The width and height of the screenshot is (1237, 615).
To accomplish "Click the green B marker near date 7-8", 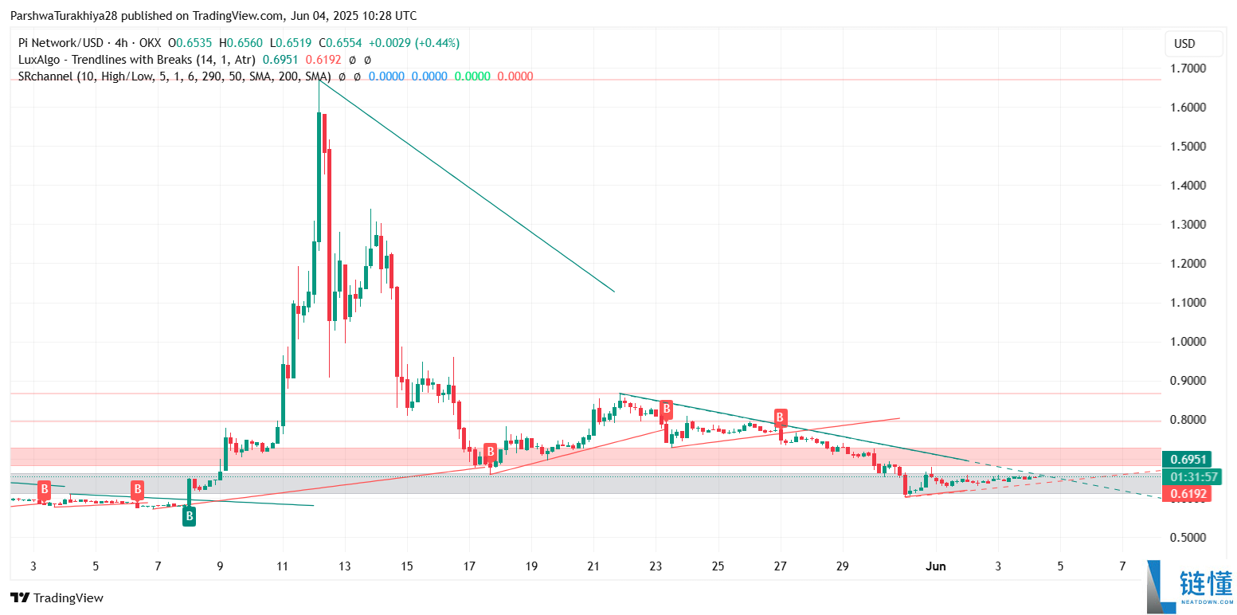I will click(x=189, y=516).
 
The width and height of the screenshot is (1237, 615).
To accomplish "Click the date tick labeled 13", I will click(x=344, y=566).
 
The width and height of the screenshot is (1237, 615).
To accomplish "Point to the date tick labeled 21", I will click(x=593, y=566).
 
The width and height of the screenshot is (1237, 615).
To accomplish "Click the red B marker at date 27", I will click(x=781, y=417).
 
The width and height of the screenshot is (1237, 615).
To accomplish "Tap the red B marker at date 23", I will click(x=666, y=409).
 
